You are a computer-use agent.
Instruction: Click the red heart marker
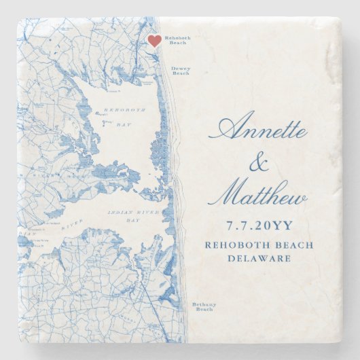[x=154, y=41]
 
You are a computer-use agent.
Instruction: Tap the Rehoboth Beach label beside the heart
[x=175, y=40]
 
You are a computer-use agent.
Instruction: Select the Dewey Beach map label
[x=181, y=71]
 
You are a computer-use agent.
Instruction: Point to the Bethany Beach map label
[x=202, y=307]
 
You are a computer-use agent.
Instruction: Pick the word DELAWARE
[x=258, y=258]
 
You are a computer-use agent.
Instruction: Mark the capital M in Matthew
[x=231, y=194]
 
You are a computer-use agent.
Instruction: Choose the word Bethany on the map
[x=202, y=304]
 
